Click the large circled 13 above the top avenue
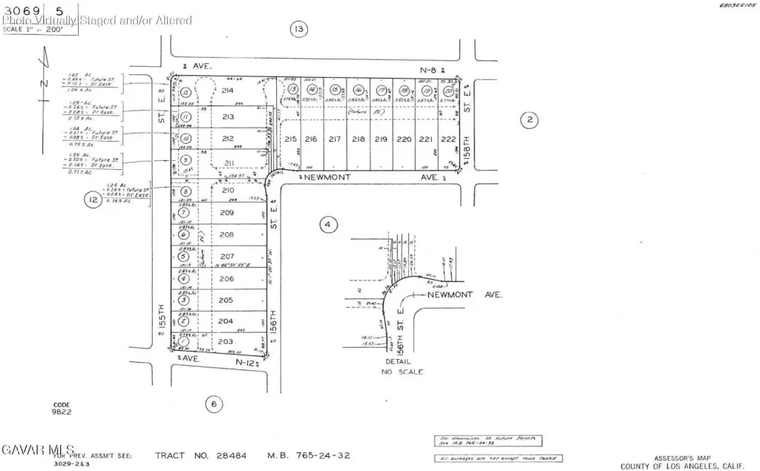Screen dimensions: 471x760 pyautogui.click(x=298, y=30)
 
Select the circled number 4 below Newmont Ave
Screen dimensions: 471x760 pyautogui.click(x=328, y=224)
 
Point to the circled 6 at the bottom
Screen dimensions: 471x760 pyautogui.click(x=213, y=404)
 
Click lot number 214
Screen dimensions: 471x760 pyautogui.click(x=227, y=90)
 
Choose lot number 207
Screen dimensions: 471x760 pyautogui.click(x=227, y=256)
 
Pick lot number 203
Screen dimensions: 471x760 pyautogui.click(x=226, y=341)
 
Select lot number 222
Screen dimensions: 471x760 pyautogui.click(x=447, y=139)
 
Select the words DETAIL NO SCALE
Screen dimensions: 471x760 pyautogui.click(x=402, y=367)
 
